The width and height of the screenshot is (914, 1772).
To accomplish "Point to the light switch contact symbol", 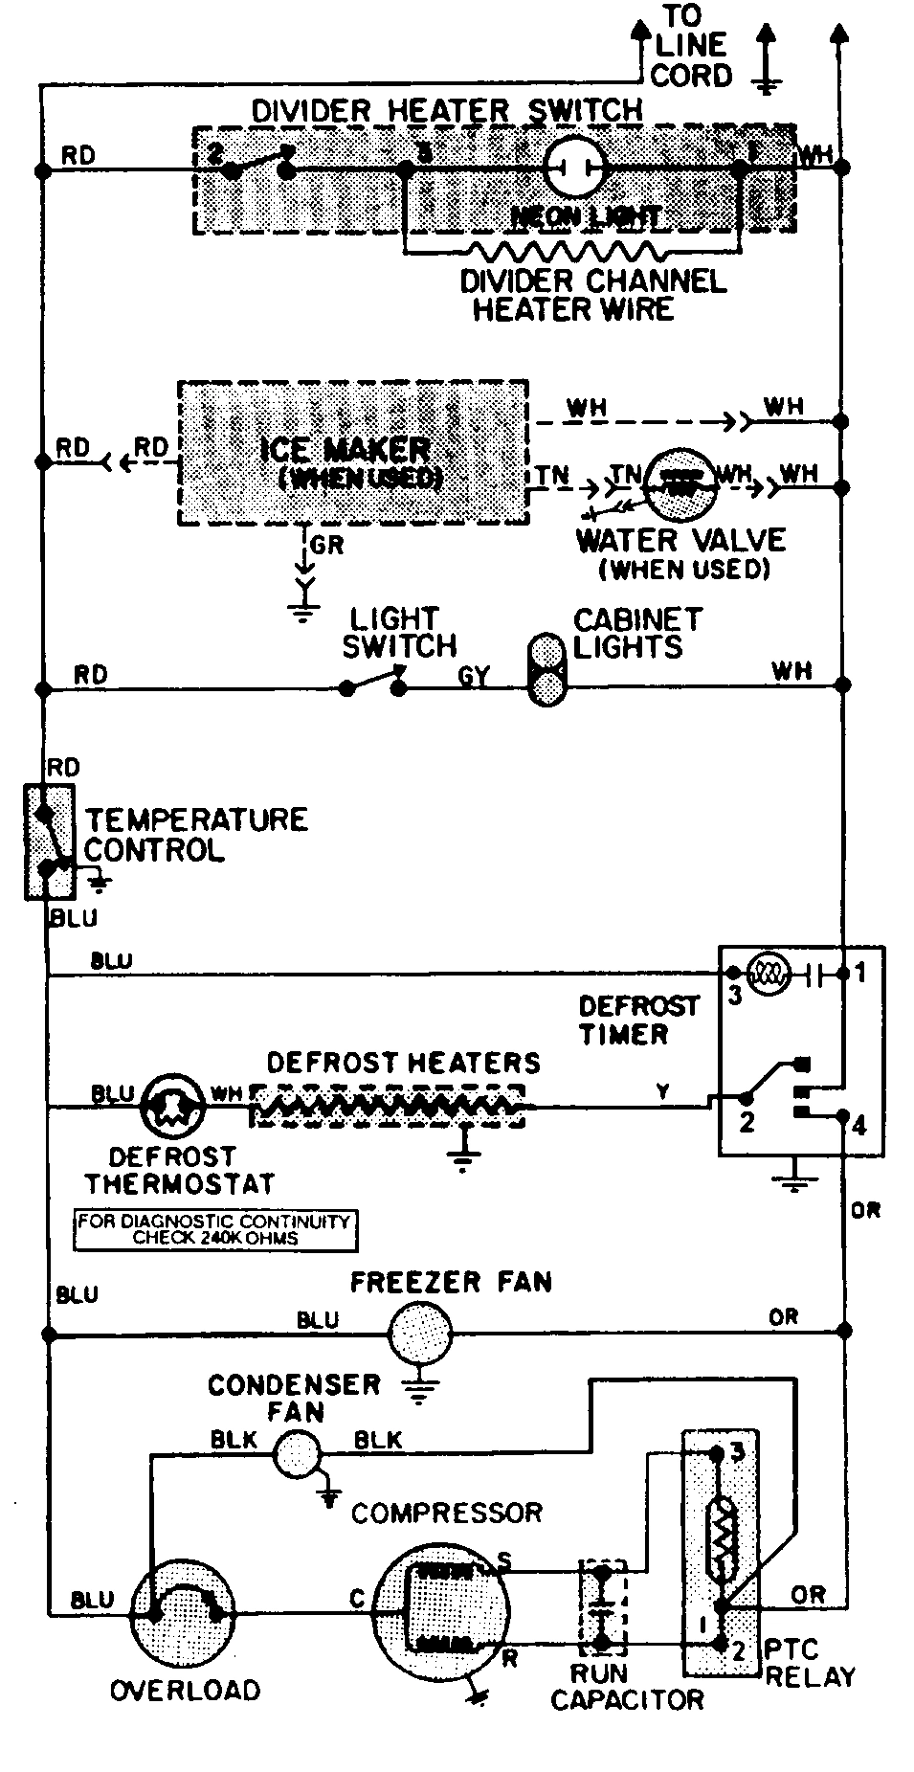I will tap(373, 684).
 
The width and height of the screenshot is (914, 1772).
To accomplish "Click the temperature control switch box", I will tap(49, 841).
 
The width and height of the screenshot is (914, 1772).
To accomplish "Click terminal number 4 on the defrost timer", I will tap(858, 1125).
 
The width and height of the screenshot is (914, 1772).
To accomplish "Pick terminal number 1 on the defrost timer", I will tap(860, 974).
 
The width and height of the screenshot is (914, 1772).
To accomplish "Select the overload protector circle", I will tap(183, 1613).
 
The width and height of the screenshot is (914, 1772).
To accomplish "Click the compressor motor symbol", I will tap(439, 1609).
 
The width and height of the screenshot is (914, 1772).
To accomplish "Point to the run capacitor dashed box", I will tap(603, 1608).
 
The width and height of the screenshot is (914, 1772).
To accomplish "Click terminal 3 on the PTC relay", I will tap(736, 1451).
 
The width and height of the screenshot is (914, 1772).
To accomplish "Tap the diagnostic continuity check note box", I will tap(214, 1230).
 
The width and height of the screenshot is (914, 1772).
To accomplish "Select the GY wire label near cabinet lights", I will tap(473, 677).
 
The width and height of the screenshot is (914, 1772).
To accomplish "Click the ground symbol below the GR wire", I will tap(304, 608).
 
